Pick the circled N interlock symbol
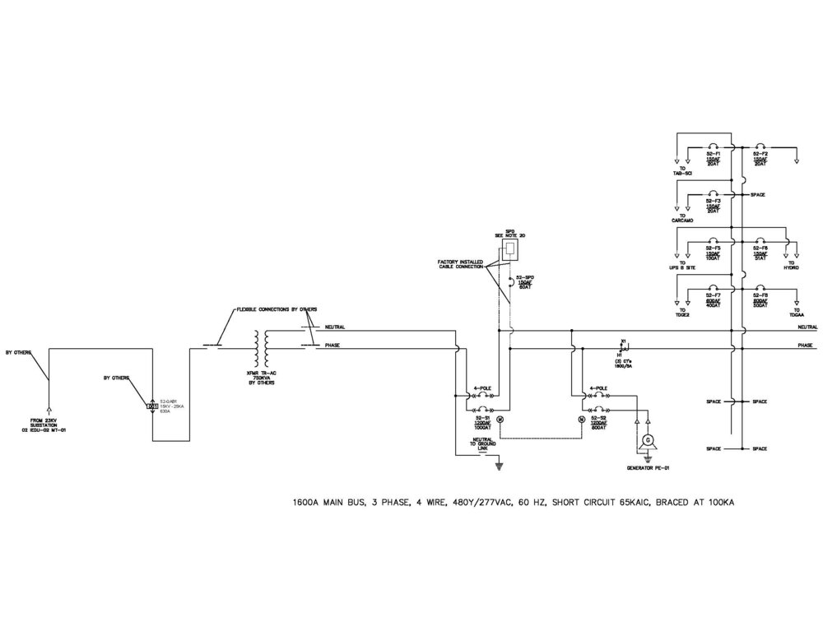[582, 420]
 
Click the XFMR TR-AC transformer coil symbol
[264, 349]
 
